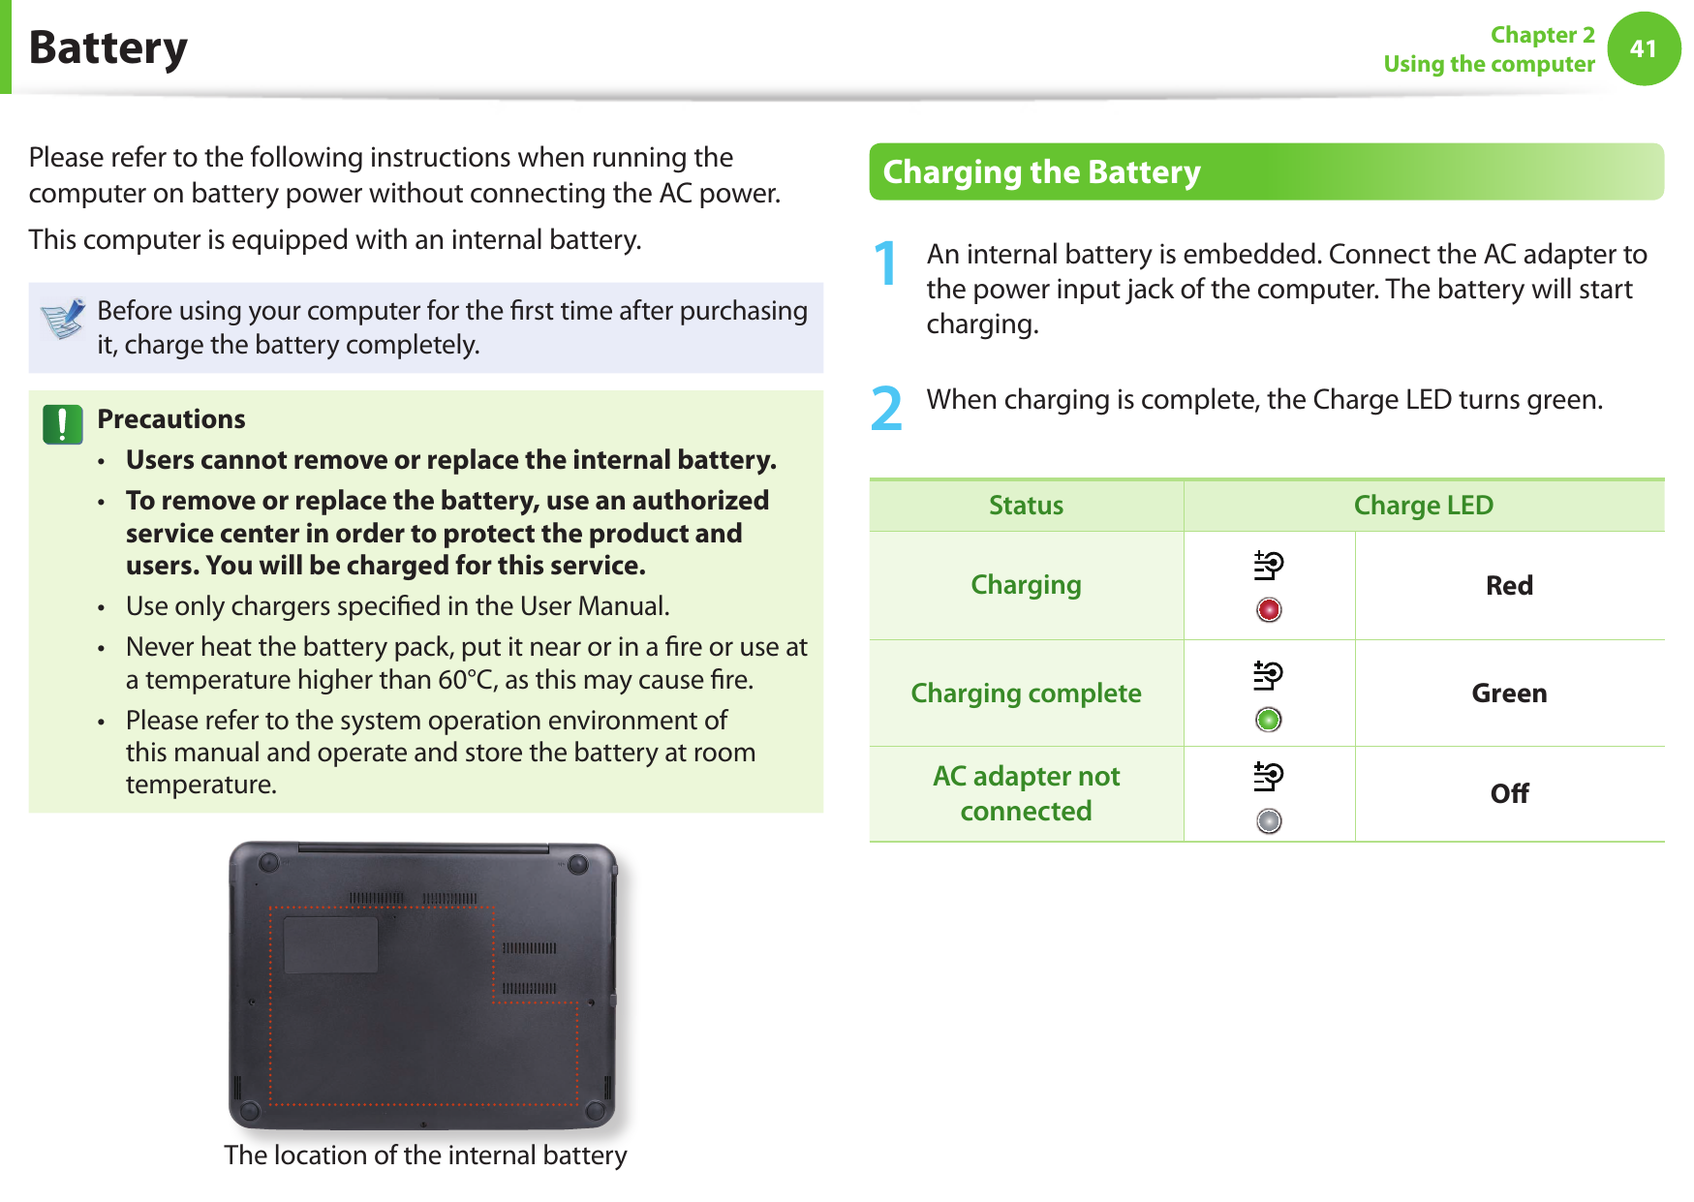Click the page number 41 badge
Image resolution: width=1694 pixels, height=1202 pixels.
1644,48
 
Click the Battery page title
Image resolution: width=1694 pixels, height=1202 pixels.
108,48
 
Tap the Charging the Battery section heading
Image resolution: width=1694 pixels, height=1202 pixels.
1041,172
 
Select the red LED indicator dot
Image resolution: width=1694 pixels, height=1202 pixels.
1269,609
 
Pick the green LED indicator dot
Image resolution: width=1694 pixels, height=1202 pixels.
1269,720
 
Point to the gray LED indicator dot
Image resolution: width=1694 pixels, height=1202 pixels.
1269,821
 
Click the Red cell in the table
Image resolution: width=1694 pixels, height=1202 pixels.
1509,586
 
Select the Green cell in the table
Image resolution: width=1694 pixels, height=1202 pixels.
1509,693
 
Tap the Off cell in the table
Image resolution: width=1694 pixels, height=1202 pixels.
1509,794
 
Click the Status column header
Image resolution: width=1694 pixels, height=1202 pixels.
1026,506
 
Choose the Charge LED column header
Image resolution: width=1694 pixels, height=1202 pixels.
1423,506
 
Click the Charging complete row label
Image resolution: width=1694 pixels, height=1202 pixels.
1026,693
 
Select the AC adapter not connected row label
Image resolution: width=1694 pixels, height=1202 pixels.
1026,793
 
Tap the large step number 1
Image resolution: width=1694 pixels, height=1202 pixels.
885,263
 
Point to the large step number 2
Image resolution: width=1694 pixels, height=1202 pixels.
886,409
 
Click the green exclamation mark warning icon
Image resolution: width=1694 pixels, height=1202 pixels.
63,424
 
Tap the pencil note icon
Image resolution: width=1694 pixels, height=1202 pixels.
64,319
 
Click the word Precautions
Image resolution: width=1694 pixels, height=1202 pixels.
171,419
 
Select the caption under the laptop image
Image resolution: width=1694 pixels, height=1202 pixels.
425,1156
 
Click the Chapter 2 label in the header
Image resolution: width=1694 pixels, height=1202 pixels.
1542,35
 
